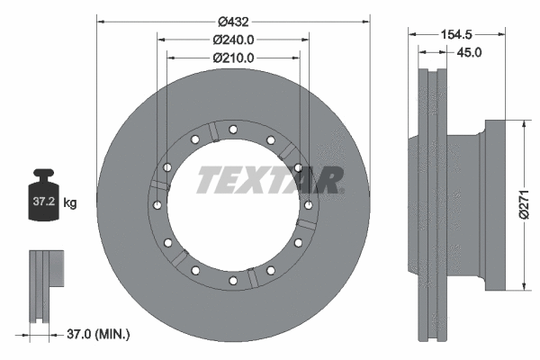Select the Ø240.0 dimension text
tap(232, 40)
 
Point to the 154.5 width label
tap(455, 33)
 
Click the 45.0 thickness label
tap(470, 52)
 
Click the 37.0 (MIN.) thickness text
tap(99, 335)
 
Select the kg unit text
tap(70, 203)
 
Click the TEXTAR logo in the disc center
tap(269, 180)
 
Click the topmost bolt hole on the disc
tap(233, 130)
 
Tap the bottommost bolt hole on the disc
tap(233, 281)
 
